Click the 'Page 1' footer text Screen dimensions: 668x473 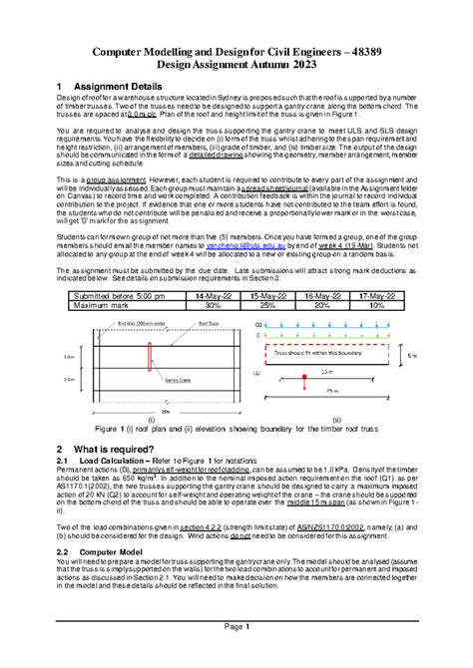pos(236,654)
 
